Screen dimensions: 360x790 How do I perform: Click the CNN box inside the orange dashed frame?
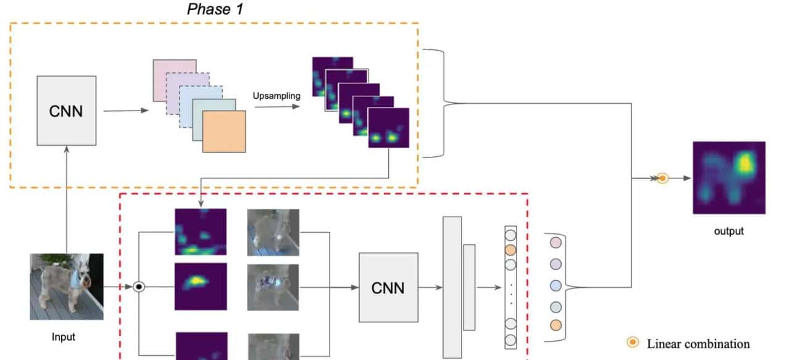[x=66, y=111]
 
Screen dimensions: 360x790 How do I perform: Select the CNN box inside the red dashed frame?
[x=388, y=287]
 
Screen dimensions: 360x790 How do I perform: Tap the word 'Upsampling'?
[x=276, y=96]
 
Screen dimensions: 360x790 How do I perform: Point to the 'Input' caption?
[x=64, y=337]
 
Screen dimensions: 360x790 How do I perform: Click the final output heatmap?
[x=729, y=178]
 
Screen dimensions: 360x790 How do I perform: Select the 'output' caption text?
[x=729, y=232]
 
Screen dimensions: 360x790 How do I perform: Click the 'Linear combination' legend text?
[x=698, y=344]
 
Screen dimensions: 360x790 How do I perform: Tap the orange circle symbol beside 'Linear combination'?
[x=633, y=343]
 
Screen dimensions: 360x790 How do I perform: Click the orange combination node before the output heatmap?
[x=662, y=178]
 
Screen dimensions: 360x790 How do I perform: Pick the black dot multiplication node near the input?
[x=139, y=287]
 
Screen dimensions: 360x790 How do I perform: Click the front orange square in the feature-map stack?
[x=224, y=132]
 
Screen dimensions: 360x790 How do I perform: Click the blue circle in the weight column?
[x=555, y=285]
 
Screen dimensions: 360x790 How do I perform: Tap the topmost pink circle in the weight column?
[x=555, y=243]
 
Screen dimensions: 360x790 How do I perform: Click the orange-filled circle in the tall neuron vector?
[x=510, y=250]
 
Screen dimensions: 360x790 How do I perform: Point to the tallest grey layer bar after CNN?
[x=452, y=287]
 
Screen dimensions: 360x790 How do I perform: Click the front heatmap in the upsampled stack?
[x=388, y=128]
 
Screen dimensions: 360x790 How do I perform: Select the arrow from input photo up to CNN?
[x=67, y=198]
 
